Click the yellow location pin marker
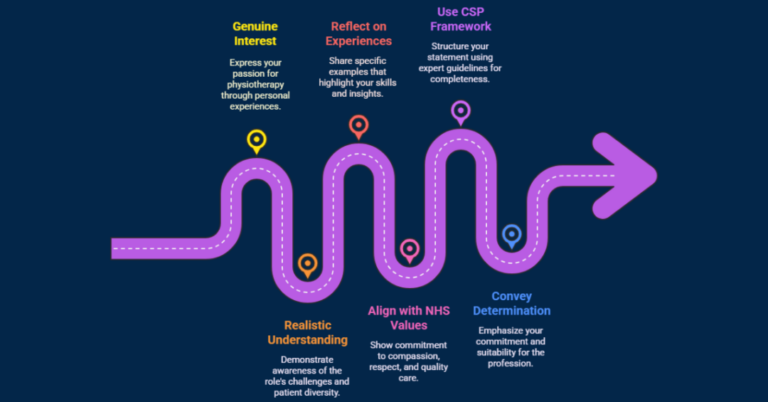click(257, 141)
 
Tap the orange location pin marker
click(307, 264)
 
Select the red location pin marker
click(358, 126)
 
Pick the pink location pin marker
click(409, 250)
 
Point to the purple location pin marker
click(460, 111)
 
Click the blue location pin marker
click(511, 236)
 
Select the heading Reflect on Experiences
click(361, 33)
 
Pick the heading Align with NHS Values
click(409, 317)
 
